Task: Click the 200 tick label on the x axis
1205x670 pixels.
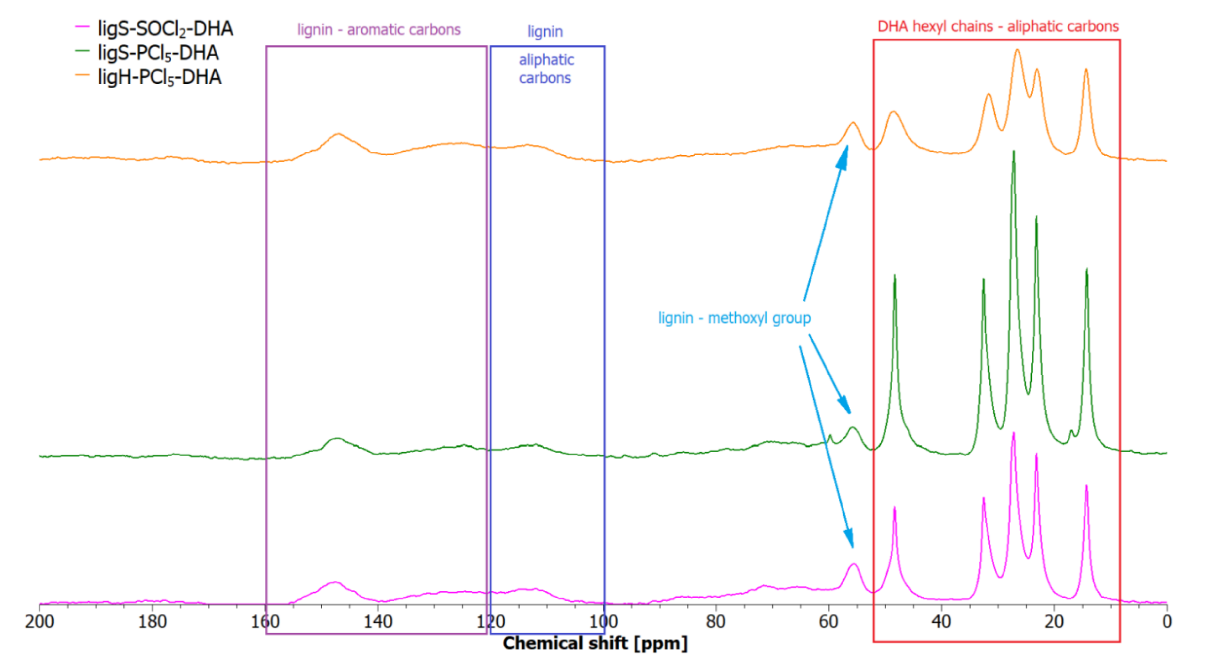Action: tap(40, 622)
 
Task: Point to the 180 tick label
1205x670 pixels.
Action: tap(153, 622)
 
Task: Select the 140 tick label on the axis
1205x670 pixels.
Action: tap(378, 622)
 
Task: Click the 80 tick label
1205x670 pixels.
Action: tap(716, 622)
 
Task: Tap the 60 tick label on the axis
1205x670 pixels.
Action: tap(828, 622)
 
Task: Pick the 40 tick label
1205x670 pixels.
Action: tap(941, 622)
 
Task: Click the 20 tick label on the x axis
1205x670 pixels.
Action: tap(1054, 622)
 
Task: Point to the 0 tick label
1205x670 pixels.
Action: tap(1167, 622)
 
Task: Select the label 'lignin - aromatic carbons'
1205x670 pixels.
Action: tap(379, 30)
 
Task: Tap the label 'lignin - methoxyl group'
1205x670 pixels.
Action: tap(734, 318)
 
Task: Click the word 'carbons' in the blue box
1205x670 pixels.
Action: tap(545, 78)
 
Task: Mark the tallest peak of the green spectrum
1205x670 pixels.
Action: tap(1014, 152)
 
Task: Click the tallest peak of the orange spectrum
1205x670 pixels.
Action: tap(1017, 50)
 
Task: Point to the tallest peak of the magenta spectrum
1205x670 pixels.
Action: tap(1014, 433)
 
